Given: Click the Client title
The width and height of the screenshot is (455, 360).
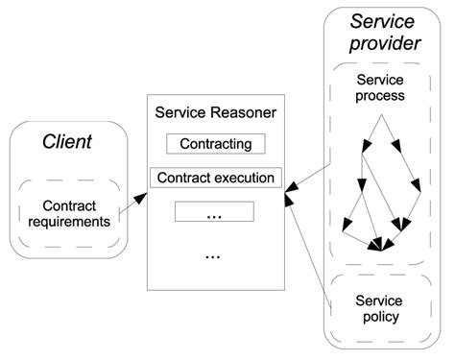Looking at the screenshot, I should click(x=67, y=142).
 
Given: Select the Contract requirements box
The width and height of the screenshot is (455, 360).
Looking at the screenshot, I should click(x=68, y=213).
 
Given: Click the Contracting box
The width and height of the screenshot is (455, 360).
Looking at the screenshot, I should click(x=214, y=144).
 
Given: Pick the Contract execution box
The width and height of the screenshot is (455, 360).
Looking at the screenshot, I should click(x=214, y=178).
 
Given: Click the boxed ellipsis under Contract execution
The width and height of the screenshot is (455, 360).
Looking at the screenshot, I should click(x=214, y=212).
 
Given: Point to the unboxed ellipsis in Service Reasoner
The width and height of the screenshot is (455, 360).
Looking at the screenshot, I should click(x=214, y=255).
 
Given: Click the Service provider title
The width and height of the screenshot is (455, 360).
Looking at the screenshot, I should click(x=384, y=33).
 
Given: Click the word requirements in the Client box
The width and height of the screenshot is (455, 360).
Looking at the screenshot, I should click(x=68, y=222).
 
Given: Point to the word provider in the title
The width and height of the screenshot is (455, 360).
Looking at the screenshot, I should click(x=384, y=44).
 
